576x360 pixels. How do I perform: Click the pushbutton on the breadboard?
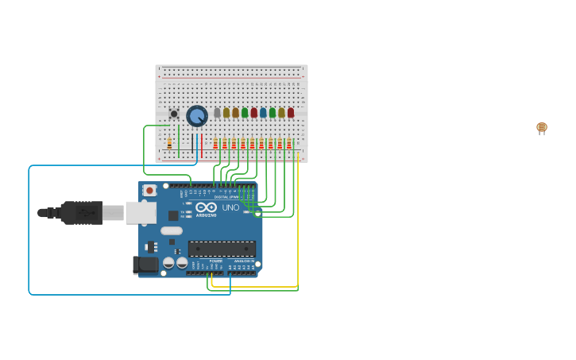coord(174,114)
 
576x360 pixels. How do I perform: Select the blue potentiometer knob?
coord(196,116)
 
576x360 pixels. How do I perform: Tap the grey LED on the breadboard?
coord(217,113)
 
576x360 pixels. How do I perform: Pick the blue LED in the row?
coord(263,113)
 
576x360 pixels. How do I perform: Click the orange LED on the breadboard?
coord(235,113)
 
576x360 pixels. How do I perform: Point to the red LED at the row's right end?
coord(291,113)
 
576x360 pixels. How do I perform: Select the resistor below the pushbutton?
coord(169,144)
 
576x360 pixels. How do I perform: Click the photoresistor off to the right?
coord(542,127)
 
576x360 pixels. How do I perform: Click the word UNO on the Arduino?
coord(230,207)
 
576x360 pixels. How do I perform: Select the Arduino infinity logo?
coord(206,207)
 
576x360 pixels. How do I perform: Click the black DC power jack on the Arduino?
coord(146,265)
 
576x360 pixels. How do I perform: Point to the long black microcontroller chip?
coord(222,249)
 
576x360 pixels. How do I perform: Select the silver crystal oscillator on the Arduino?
coord(171,230)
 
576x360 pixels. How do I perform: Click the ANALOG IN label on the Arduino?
coord(242,261)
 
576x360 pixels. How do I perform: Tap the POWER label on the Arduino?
coord(215,261)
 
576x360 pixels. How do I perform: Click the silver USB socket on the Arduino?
coord(141,212)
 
